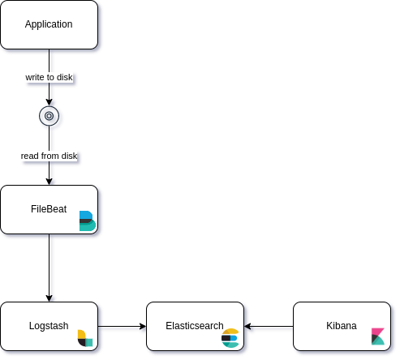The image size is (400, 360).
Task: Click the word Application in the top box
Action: pyautogui.click(x=49, y=24)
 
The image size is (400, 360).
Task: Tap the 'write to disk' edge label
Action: pyautogui.click(x=49, y=77)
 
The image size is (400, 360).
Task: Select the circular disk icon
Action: pyautogui.click(x=49, y=116)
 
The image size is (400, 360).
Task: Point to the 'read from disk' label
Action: pyautogui.click(x=49, y=156)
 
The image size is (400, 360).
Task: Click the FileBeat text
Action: pyautogui.click(x=49, y=209)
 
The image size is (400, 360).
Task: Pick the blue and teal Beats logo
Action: pyautogui.click(x=88, y=221)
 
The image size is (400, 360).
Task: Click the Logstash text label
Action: pyautogui.click(x=49, y=326)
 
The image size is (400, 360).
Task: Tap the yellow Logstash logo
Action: pyautogui.click(x=85, y=338)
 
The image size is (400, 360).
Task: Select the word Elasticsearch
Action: pyautogui.click(x=195, y=326)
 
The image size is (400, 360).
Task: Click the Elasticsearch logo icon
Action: pyautogui.click(x=230, y=338)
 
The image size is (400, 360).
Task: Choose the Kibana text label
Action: pyautogui.click(x=342, y=326)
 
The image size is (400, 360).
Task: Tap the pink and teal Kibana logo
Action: pyautogui.click(x=378, y=336)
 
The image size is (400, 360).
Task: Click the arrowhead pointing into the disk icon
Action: pyautogui.click(x=49, y=102)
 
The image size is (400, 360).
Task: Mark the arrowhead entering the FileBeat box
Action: pyautogui.click(x=49, y=182)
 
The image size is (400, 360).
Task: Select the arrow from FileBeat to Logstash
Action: pyautogui.click(x=49, y=268)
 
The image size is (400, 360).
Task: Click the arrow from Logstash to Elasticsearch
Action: pyautogui.click(x=122, y=327)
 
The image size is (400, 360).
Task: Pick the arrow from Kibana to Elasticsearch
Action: pyautogui.click(x=269, y=327)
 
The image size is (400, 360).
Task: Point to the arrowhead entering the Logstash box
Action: pyautogui.click(x=49, y=298)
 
